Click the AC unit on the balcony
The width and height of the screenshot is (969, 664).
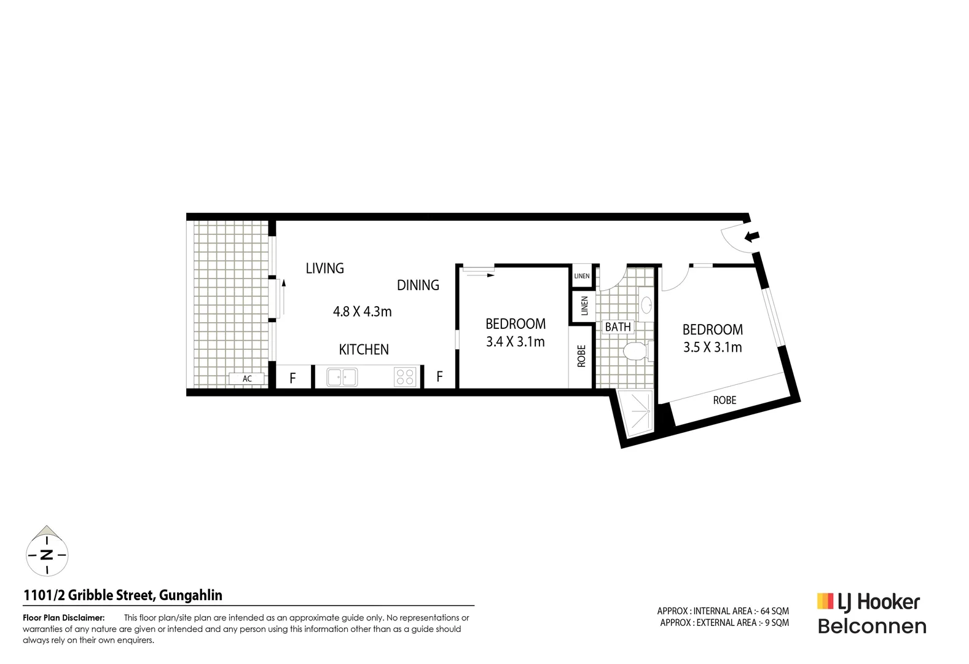click(246, 379)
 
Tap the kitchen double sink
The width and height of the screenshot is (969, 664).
click(342, 377)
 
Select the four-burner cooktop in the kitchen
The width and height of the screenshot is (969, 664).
click(405, 377)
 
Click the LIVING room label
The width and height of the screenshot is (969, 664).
click(324, 268)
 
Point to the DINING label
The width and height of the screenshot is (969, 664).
click(418, 285)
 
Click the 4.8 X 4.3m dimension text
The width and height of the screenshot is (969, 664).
click(362, 312)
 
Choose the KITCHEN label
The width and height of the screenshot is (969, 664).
click(364, 350)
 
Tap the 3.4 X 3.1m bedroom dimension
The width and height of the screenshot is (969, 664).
click(515, 342)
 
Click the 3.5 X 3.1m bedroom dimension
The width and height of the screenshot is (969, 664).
click(712, 347)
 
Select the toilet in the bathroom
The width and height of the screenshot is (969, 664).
click(634, 352)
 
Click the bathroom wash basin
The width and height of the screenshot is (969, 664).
click(646, 304)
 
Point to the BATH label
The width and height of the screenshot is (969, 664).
click(618, 327)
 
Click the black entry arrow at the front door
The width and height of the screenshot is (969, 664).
click(752, 236)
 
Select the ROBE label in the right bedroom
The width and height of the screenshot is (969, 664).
click(724, 400)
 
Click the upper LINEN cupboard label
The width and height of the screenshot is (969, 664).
click(582, 276)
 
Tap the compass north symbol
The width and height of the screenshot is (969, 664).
click(47, 555)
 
